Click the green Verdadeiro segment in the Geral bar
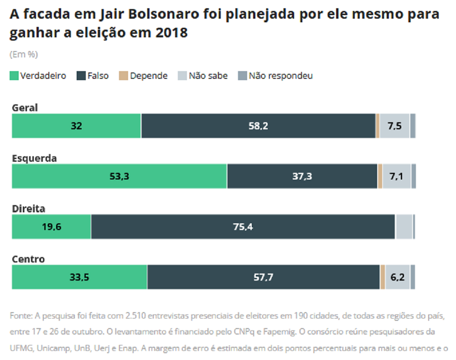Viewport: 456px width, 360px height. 76,126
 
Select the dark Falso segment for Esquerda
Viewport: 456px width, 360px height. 302,176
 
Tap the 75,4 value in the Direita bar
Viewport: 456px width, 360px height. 243,227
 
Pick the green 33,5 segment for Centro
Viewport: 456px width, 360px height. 79,277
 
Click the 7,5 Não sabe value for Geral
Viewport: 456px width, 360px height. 395,126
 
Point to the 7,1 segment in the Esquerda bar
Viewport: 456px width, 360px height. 396,176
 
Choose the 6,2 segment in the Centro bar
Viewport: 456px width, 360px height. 398,277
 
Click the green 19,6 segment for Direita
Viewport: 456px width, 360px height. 51,227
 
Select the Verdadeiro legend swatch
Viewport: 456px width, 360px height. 14,76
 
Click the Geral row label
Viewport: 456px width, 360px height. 25,108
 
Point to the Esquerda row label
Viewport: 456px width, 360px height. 34,159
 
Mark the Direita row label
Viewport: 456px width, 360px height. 28,209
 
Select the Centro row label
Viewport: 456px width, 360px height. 28,259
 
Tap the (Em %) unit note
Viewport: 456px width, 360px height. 24,54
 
